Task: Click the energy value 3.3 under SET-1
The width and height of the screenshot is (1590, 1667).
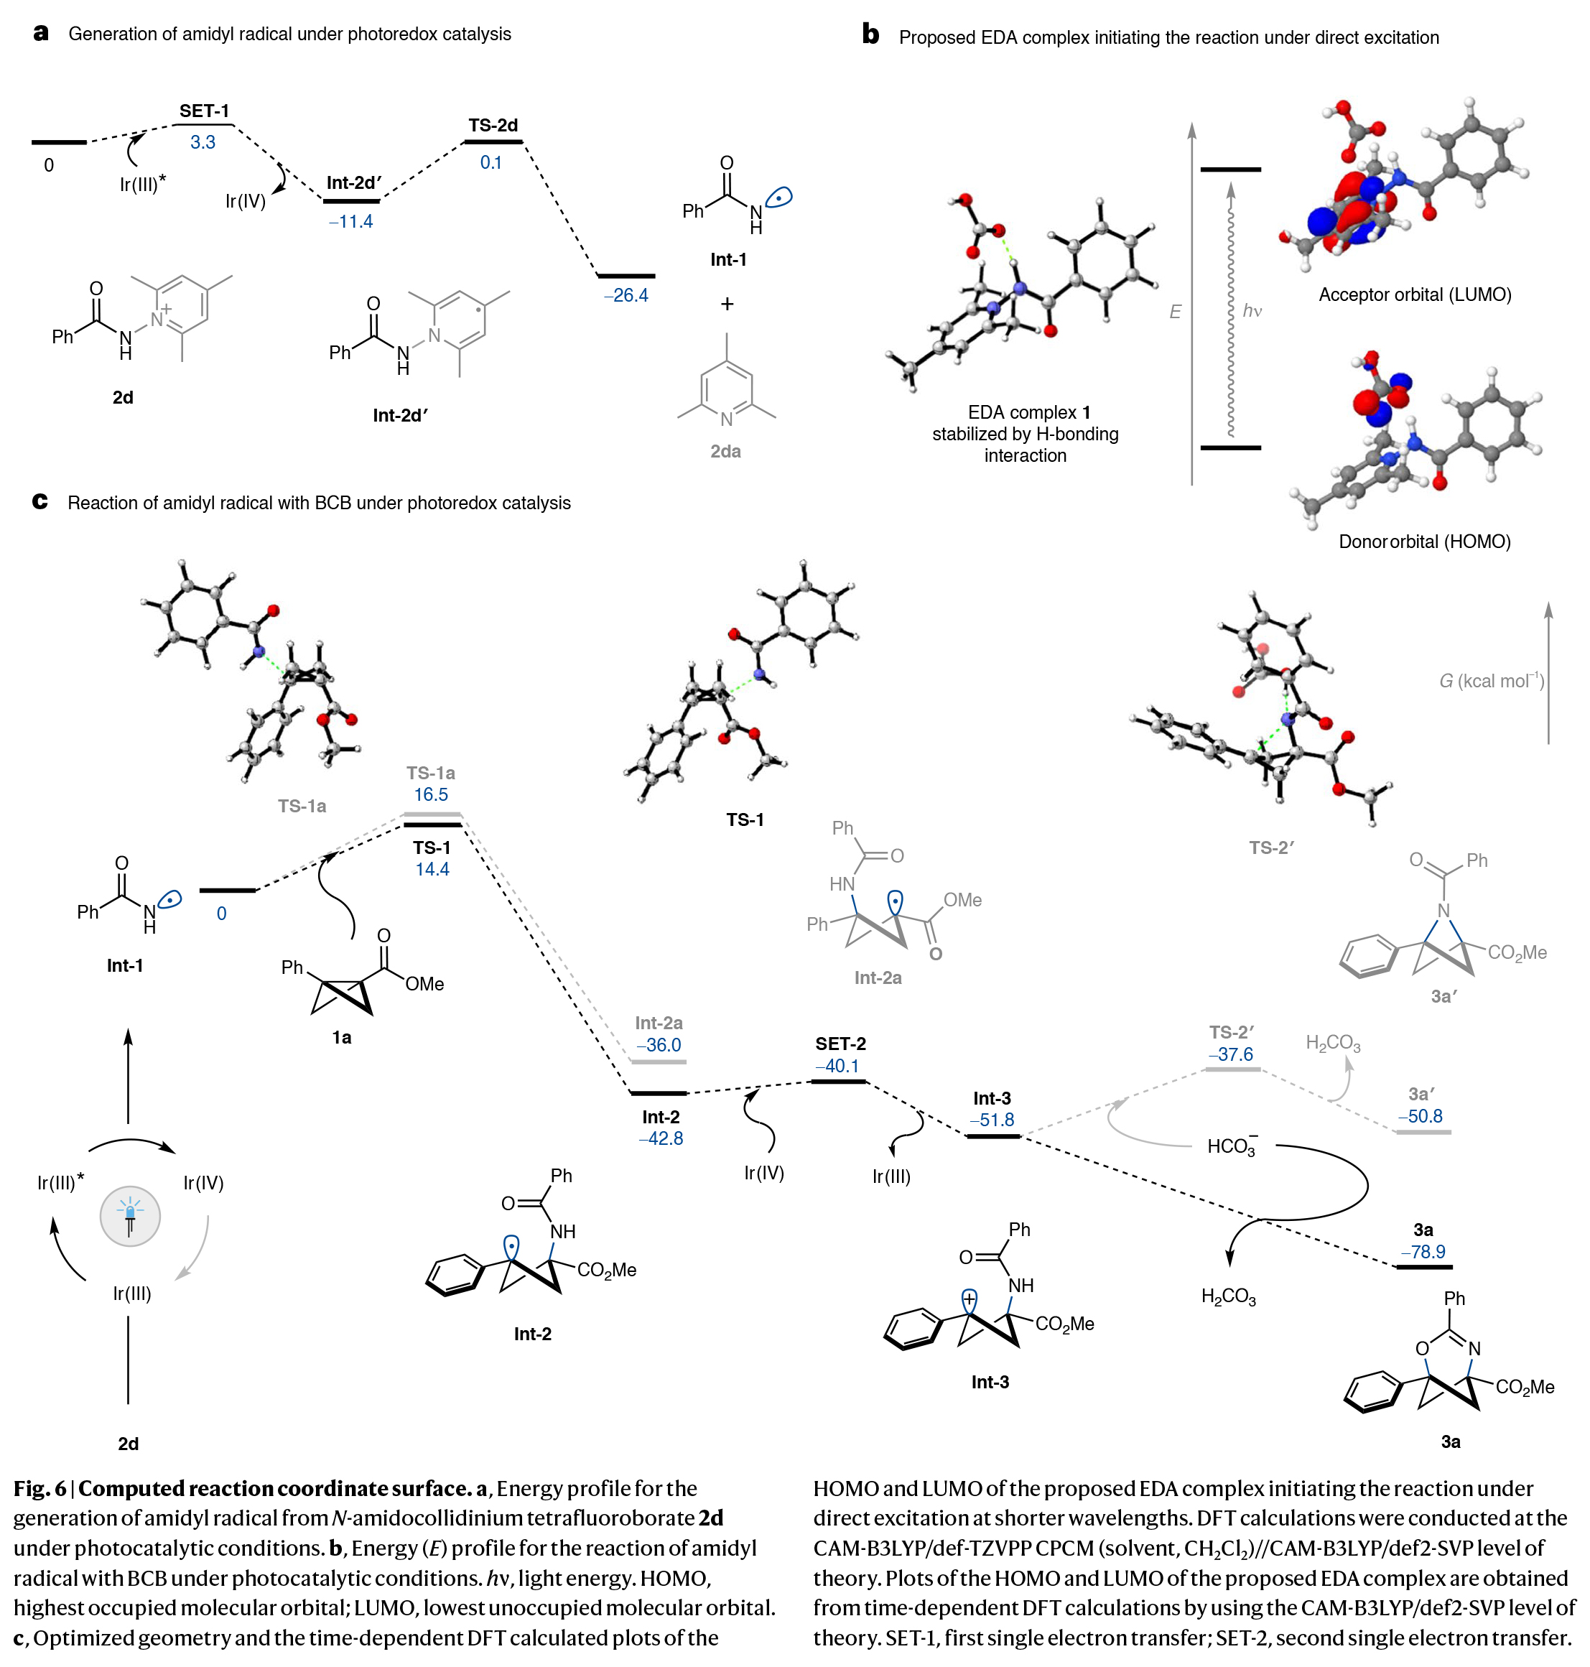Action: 203,142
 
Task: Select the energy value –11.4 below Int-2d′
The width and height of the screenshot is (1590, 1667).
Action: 350,222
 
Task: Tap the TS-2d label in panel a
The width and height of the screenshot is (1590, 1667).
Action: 493,126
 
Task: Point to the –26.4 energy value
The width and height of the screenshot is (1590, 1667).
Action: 626,296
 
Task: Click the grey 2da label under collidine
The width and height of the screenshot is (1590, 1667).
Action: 725,452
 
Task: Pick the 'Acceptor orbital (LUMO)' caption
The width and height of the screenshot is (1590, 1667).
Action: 1415,295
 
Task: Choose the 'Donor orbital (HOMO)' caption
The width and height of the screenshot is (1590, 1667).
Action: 1424,542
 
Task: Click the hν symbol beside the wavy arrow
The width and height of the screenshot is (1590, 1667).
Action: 1252,311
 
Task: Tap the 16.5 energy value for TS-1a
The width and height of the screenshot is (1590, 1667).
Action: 431,795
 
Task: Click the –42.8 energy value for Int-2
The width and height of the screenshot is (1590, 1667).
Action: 660,1139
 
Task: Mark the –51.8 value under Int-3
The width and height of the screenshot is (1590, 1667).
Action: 992,1120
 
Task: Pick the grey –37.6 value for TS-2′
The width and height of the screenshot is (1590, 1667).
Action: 1231,1055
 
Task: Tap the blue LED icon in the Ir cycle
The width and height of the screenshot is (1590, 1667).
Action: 130,1216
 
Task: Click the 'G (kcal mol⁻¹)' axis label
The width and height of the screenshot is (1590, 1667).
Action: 1491,682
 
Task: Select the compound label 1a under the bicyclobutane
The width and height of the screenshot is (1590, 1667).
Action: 342,1038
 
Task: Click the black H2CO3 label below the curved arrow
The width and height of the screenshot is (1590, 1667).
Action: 1228,1296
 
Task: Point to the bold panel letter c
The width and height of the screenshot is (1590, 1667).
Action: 39,502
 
